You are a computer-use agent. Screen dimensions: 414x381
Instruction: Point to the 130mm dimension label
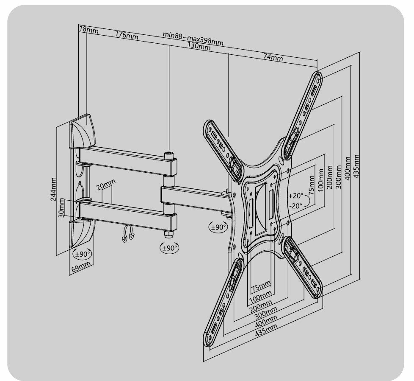[199, 47]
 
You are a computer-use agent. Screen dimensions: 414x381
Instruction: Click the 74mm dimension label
[273, 57]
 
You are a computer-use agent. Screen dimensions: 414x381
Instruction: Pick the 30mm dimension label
[61, 207]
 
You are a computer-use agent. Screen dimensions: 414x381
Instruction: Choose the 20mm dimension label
[105, 185]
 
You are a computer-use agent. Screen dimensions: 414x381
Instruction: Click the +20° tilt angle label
[296, 196]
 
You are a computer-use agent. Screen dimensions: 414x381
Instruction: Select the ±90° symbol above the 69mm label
[82, 254]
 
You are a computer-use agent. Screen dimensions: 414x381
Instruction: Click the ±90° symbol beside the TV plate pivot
[218, 227]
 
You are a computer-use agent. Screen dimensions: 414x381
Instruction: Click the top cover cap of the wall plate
[83, 130]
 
